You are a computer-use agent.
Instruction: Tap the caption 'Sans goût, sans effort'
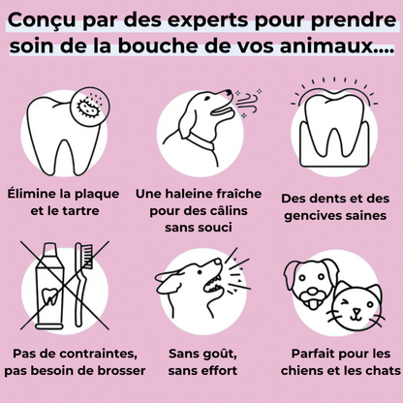201,361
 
